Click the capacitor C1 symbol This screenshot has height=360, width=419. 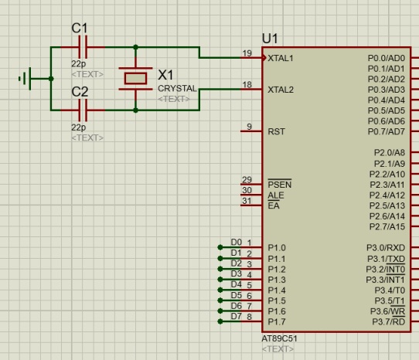(83, 47)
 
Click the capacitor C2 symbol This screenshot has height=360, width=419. (83, 110)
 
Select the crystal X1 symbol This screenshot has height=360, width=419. (135, 79)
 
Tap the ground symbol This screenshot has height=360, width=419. (27, 79)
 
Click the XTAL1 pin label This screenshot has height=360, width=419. (281, 58)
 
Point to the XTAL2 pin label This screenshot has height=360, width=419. (281, 90)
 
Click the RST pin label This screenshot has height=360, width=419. (276, 131)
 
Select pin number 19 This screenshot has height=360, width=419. (247, 53)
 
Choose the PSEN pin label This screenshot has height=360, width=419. (280, 185)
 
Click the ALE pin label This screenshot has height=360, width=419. (276, 195)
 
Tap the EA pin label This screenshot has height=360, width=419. (274, 205)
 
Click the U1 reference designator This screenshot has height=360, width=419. (270, 39)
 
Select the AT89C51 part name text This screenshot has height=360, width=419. (279, 338)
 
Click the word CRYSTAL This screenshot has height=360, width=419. (177, 88)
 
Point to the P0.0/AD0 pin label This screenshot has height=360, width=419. (387, 58)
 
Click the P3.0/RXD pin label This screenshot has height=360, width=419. (386, 248)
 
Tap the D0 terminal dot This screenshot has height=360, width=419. (220, 247)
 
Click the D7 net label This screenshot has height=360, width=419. (237, 317)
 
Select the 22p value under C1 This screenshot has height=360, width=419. (79, 64)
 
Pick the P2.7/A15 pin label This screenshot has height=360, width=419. (387, 226)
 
